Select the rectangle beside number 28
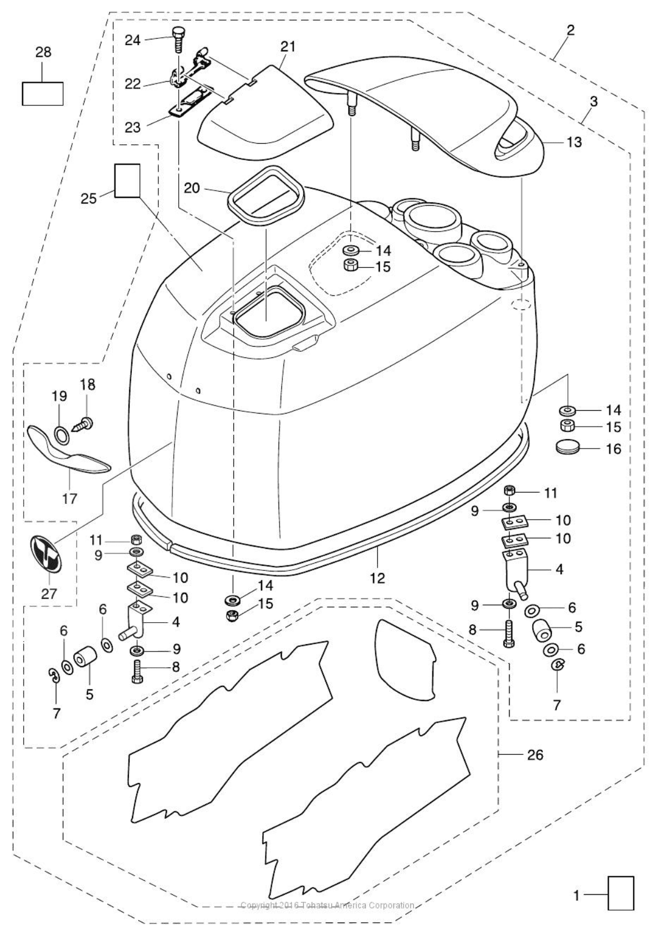click(42, 93)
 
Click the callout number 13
click(574, 142)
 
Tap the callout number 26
click(534, 754)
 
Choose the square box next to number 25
click(127, 180)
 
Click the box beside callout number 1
click(621, 893)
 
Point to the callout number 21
click(288, 47)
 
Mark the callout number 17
click(70, 498)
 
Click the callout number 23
click(132, 127)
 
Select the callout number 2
click(570, 30)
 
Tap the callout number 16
click(613, 449)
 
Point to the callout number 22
click(132, 83)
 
